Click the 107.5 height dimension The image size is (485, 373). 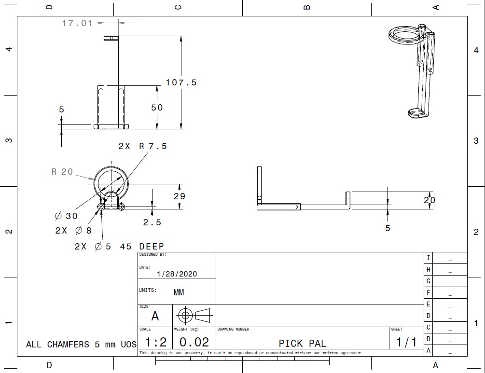(181, 83)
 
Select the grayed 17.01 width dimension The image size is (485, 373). (77, 23)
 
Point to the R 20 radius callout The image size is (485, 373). (62, 172)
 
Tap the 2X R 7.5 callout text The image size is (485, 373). (142, 146)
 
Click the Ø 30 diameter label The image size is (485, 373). (66, 216)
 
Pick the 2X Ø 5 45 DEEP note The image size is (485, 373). (119, 247)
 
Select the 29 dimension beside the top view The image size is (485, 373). (180, 196)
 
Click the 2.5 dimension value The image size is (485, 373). (152, 222)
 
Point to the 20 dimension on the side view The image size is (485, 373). (430, 200)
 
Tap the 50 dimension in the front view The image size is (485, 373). (157, 107)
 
